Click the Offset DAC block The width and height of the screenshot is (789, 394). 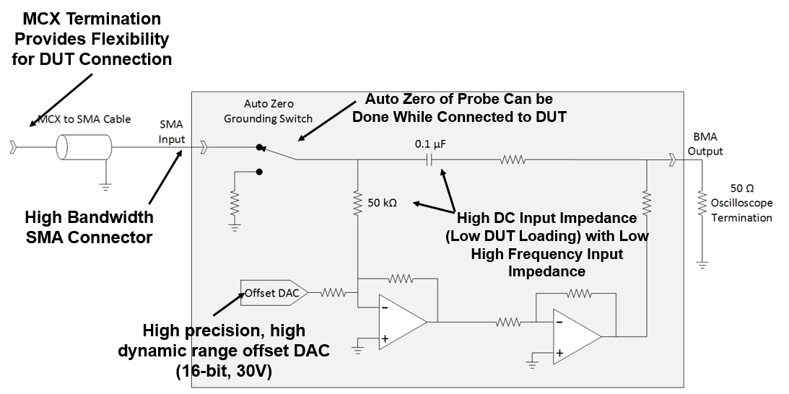click(273, 292)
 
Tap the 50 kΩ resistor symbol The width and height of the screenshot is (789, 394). click(357, 202)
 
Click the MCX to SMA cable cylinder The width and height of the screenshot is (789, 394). click(84, 149)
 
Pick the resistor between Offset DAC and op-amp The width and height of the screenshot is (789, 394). click(333, 292)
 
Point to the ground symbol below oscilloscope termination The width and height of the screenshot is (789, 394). click(700, 264)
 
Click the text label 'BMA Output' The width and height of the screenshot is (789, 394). click(705, 144)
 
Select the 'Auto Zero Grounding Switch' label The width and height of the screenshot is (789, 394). click(268, 111)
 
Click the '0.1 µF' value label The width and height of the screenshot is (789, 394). click(430, 144)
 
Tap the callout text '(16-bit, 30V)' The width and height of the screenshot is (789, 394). click(224, 371)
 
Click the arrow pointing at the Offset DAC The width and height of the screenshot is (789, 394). click(230, 303)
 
